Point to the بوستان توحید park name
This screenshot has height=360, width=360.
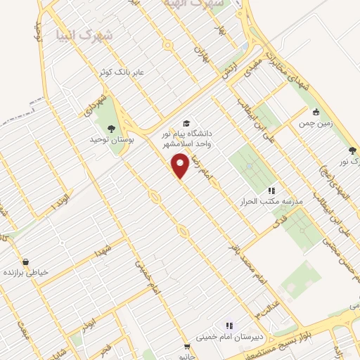(x=110, y=140)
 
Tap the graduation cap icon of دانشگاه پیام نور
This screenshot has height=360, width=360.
(x=186, y=124)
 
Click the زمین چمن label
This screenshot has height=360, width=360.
(x=316, y=122)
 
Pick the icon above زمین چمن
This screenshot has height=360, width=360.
(x=316, y=111)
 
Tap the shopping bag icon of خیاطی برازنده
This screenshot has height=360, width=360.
(x=25, y=262)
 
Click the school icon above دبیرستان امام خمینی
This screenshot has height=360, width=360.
(x=229, y=326)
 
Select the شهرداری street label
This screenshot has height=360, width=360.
(x=94, y=105)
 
